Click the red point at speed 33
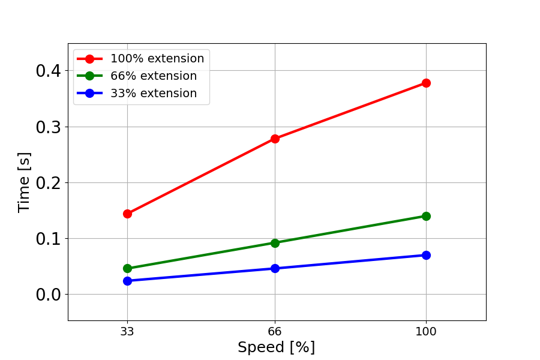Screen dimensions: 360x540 point(127,214)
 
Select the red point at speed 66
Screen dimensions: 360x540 point(275,139)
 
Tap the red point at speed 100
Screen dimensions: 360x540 point(426,83)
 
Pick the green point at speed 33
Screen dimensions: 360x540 point(127,268)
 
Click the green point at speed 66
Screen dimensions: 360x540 point(275,243)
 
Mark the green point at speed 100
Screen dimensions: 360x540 point(426,216)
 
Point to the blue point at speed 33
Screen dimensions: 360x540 point(127,281)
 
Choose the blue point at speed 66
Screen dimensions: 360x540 point(275,268)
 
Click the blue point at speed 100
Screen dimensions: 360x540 point(426,255)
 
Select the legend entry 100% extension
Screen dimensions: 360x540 point(157,59)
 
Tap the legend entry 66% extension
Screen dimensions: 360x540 point(153,76)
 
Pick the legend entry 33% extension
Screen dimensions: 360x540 point(153,94)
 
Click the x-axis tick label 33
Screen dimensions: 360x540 point(127,331)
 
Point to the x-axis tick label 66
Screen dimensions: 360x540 point(275,331)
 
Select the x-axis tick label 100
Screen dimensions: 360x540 point(426,331)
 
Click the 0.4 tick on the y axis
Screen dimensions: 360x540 point(48,71)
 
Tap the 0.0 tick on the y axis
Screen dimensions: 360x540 point(48,295)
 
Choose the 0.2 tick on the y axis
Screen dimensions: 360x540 point(48,183)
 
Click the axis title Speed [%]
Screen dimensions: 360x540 point(276,347)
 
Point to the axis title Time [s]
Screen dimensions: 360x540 point(24,182)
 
